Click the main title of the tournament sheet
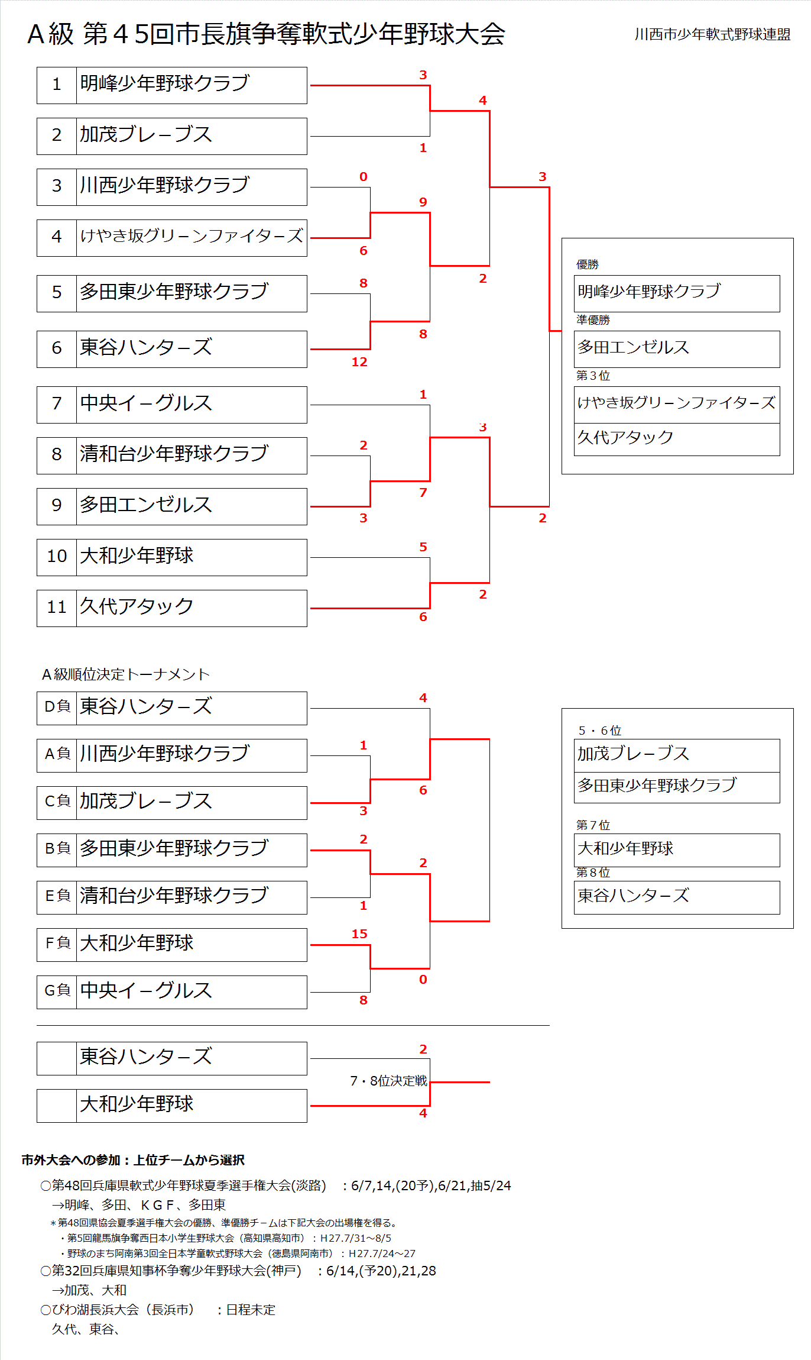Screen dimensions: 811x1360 [266, 34]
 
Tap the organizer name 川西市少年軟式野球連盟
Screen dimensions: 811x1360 [712, 34]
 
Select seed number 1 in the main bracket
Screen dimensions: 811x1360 [57, 85]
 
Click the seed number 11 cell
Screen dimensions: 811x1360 [57, 608]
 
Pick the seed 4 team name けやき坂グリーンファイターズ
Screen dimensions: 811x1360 [192, 237]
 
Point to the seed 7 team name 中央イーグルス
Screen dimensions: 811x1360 [146, 404]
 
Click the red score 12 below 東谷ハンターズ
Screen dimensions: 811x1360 [359, 362]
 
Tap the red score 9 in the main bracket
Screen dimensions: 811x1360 [423, 202]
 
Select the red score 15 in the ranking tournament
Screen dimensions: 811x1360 [359, 934]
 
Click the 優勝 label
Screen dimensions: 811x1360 [588, 264]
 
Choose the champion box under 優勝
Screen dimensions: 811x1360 [677, 293]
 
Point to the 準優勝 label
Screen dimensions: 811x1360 [593, 320]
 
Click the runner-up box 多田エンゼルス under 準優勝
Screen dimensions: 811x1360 [677, 348]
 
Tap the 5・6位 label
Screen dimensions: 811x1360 [599, 731]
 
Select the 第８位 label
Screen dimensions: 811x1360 [593, 873]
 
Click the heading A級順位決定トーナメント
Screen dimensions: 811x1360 [126, 674]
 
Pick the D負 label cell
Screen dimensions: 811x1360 [57, 708]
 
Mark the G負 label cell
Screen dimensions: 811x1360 [57, 991]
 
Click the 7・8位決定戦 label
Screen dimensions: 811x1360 [388, 1081]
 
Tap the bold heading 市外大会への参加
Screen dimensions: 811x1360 [133, 1160]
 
